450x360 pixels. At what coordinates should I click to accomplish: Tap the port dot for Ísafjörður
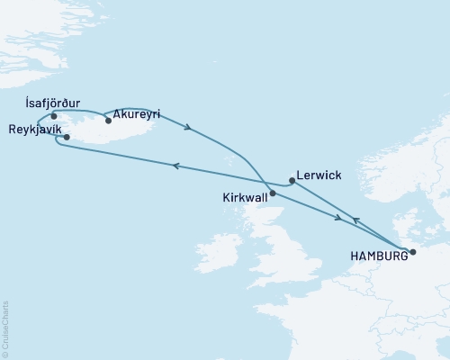[x=55, y=116]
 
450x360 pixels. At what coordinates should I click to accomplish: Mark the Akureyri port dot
[x=108, y=120]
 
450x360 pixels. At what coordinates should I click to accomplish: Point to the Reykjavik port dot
[x=67, y=137]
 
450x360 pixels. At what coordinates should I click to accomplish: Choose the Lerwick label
[x=318, y=176]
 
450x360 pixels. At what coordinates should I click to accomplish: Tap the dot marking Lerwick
[x=292, y=180]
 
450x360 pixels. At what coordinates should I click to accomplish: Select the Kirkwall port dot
[x=273, y=193]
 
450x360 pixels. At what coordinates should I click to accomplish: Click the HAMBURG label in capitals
[x=375, y=256]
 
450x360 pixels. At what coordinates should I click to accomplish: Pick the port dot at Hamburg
[x=412, y=252]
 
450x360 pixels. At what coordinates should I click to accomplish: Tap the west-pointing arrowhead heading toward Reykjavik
[x=176, y=166]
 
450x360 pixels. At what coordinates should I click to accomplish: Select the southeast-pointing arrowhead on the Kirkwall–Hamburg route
[x=338, y=218]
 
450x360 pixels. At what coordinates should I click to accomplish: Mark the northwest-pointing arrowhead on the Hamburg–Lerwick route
[x=355, y=220]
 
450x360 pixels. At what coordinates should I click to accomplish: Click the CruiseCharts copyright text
[x=5, y=328]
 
